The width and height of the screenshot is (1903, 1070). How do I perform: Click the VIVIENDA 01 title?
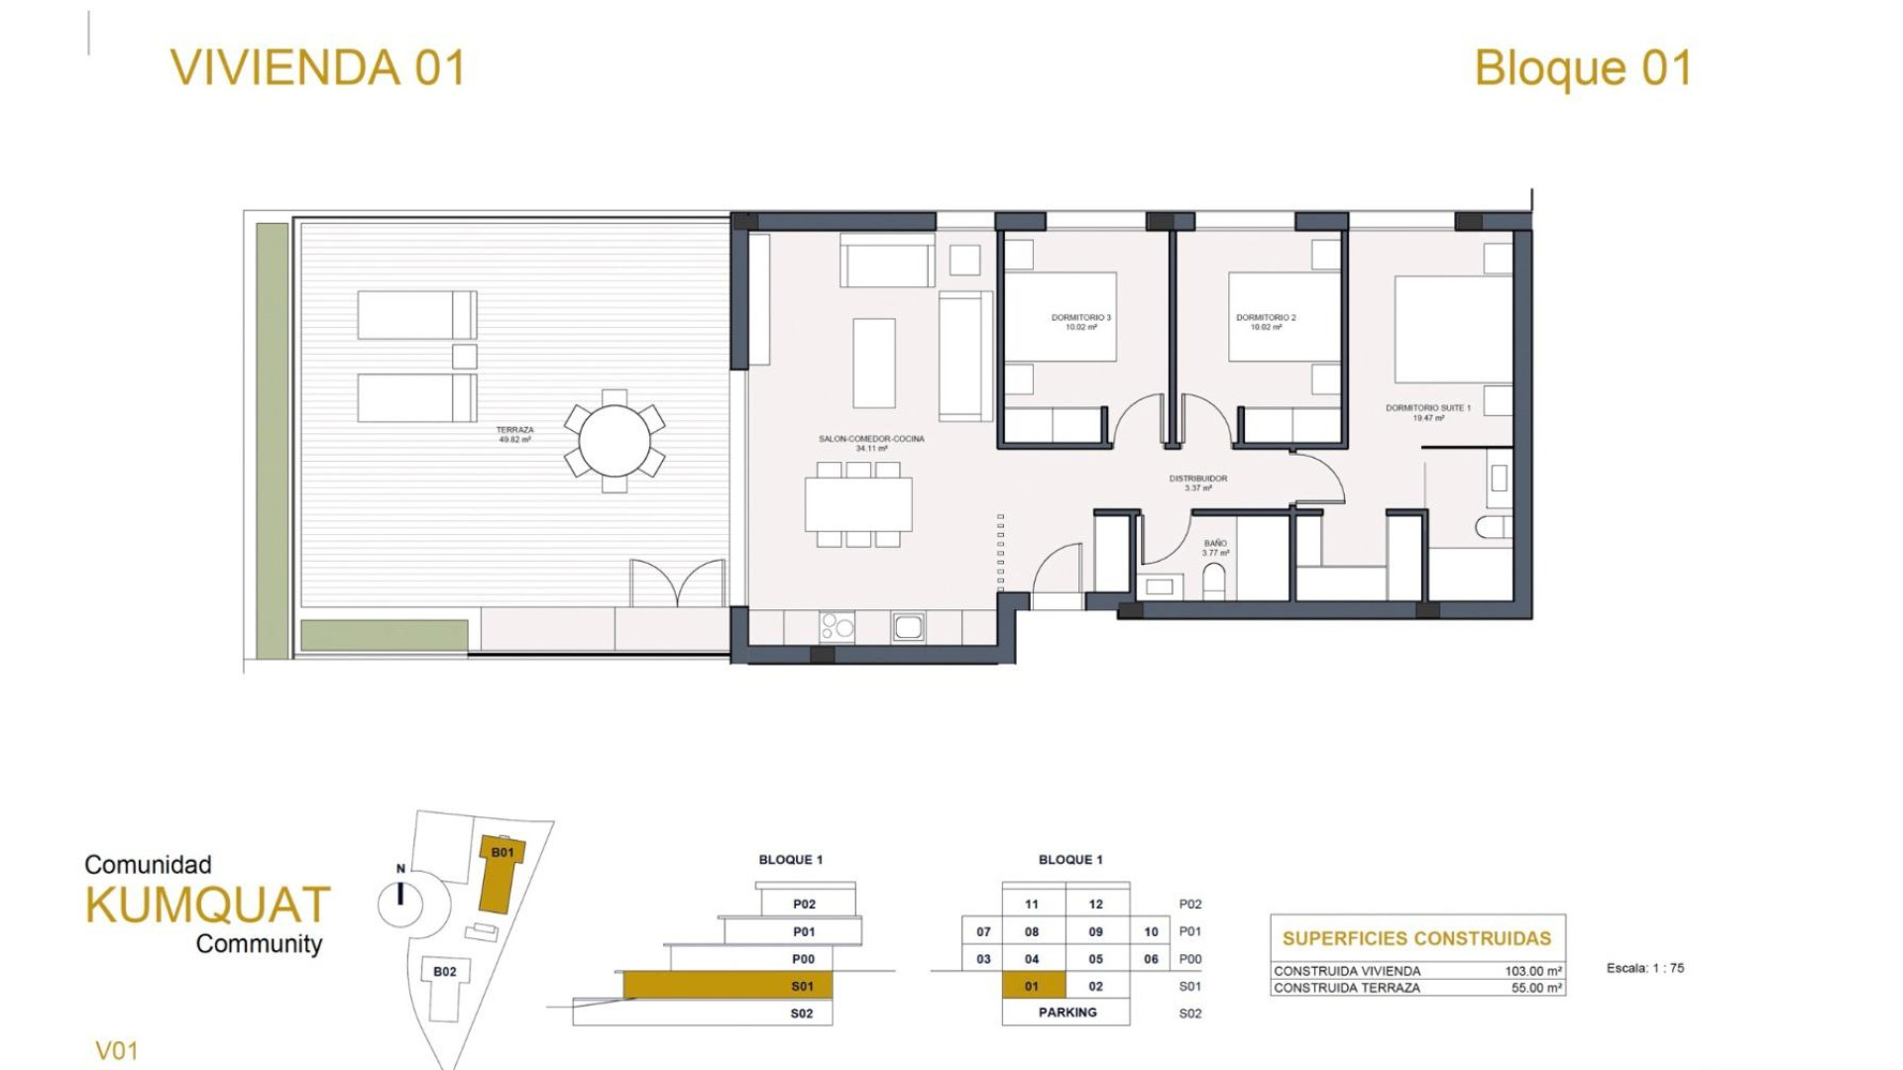(x=317, y=67)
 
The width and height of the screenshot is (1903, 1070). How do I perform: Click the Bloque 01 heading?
(x=1583, y=67)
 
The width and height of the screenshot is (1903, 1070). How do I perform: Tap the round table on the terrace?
(x=615, y=441)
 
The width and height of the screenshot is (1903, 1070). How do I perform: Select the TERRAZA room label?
(x=514, y=434)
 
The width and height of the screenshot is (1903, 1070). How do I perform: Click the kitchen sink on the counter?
(x=908, y=626)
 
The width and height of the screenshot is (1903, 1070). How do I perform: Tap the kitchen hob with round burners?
(x=837, y=626)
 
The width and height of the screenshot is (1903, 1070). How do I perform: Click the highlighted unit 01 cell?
(x=1032, y=986)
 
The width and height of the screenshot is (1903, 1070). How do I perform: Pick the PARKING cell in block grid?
(x=1066, y=1013)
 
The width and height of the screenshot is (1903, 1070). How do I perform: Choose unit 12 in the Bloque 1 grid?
(x=1095, y=904)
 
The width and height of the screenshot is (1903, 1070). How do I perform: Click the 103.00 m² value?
(x=1532, y=972)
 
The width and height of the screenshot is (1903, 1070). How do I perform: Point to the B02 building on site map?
(x=444, y=972)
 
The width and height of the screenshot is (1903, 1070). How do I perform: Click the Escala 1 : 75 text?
(x=1644, y=968)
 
